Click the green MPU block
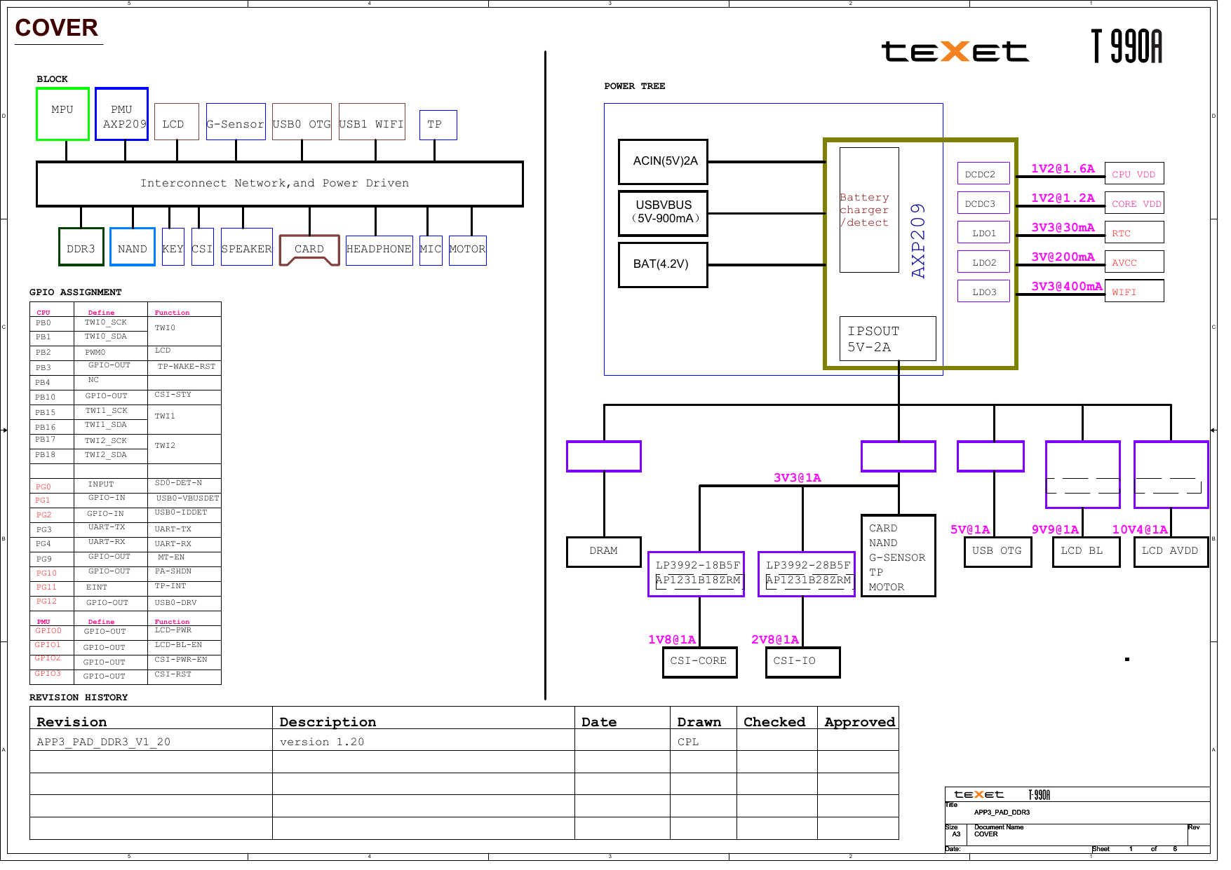point(62,114)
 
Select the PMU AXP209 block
point(121,114)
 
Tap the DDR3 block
point(81,247)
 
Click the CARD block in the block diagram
point(309,250)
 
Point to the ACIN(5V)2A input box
point(663,161)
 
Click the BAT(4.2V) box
point(663,264)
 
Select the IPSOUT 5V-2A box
point(887,339)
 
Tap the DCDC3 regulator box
point(983,203)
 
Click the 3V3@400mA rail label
point(1066,286)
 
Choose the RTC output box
point(1134,233)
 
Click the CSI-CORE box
point(699,661)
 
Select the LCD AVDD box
point(1170,551)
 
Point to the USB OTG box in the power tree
point(997,551)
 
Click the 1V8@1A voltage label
point(671,639)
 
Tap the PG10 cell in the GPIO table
point(47,573)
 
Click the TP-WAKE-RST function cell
point(186,367)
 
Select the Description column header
point(328,721)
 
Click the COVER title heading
point(56,28)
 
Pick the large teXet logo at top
point(955,51)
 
